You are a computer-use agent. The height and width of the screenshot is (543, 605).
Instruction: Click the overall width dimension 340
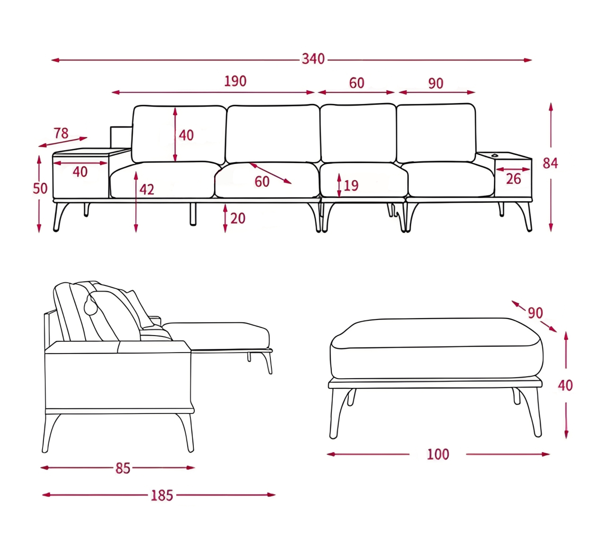pyautogui.click(x=313, y=59)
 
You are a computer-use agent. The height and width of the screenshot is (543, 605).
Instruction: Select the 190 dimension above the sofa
pyautogui.click(x=235, y=81)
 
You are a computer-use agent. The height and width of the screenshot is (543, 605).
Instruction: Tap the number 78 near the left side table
pyautogui.click(x=61, y=133)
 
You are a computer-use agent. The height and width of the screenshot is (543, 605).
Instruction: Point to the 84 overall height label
pyautogui.click(x=550, y=164)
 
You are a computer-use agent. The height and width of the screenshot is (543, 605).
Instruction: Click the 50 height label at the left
pyautogui.click(x=40, y=189)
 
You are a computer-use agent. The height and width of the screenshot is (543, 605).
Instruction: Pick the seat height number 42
pyautogui.click(x=147, y=190)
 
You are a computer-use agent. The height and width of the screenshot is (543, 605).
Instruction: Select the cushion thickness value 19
pyautogui.click(x=351, y=186)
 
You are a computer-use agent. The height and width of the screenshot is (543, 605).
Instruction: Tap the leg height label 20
pyautogui.click(x=238, y=218)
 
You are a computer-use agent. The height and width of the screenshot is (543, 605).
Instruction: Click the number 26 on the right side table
pyautogui.click(x=513, y=179)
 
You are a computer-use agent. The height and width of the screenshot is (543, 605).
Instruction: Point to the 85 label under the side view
pyautogui.click(x=123, y=468)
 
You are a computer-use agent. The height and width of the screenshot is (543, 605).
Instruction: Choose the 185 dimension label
pyautogui.click(x=162, y=496)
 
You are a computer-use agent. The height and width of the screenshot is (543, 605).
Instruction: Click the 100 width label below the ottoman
pyautogui.click(x=438, y=454)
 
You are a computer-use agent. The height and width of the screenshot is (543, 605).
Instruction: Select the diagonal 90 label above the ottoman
pyautogui.click(x=535, y=313)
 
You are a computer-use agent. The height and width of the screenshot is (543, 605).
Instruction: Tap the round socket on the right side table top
pyautogui.click(x=494, y=155)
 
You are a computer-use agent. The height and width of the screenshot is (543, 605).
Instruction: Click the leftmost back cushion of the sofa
pyautogui.click(x=179, y=134)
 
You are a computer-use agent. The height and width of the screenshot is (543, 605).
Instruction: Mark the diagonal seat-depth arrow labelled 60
pyautogui.click(x=270, y=173)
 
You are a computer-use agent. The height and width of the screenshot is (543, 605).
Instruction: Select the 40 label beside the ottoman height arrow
pyautogui.click(x=565, y=386)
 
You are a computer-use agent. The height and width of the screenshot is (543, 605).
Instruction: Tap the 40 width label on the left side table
pyautogui.click(x=80, y=172)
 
